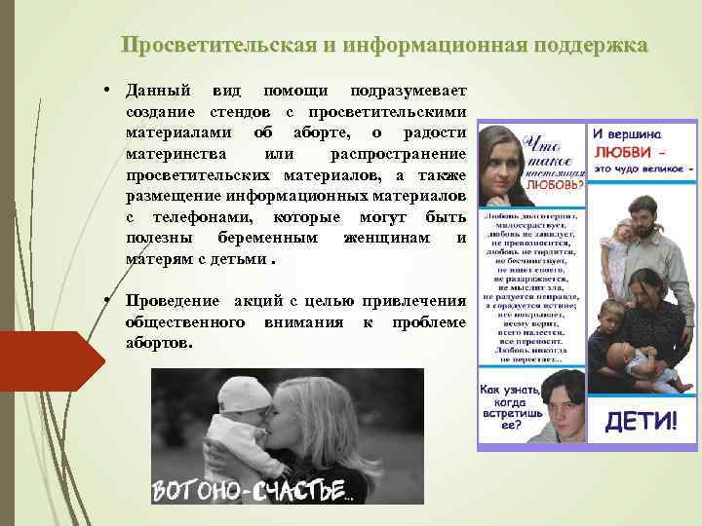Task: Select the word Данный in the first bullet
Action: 155,90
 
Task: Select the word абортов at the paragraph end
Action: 159,345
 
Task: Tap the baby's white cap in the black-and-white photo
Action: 239,394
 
